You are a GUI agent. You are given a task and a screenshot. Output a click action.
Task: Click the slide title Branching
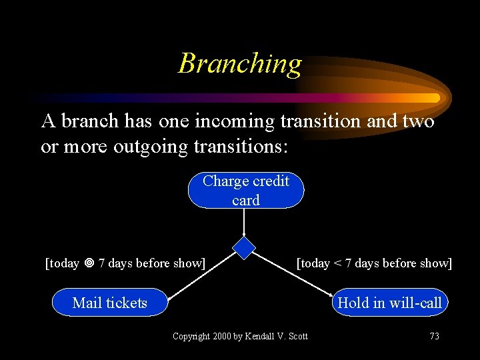(x=240, y=64)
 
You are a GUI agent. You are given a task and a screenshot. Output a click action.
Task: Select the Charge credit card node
(x=246, y=190)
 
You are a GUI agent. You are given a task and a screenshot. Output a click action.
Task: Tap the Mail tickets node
(x=110, y=303)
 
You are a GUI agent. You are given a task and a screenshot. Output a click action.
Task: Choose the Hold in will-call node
(x=389, y=303)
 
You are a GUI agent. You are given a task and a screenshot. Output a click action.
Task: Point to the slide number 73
(x=434, y=336)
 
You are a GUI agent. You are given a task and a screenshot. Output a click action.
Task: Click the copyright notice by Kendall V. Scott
(x=240, y=336)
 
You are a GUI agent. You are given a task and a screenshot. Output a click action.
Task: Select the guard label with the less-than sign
(x=374, y=263)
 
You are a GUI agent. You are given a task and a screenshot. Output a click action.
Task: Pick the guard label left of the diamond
(x=125, y=263)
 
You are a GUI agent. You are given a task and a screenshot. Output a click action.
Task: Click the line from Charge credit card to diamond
(x=246, y=222)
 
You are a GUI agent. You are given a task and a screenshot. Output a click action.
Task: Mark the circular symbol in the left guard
(x=89, y=263)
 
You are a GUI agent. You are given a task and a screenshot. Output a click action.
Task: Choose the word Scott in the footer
(x=297, y=336)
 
